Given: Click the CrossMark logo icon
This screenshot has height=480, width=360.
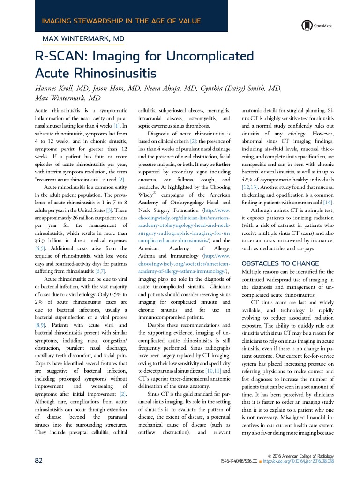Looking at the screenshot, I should (x=307, y=25).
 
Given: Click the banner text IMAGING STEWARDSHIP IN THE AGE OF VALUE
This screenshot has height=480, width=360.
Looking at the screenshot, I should (x=121, y=21).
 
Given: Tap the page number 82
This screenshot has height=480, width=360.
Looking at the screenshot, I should (x=39, y=460).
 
